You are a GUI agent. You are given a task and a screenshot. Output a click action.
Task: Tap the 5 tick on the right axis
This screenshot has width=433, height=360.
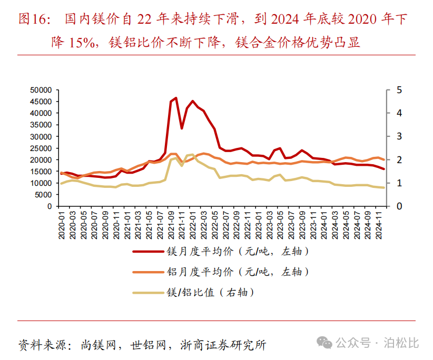coord(399,90)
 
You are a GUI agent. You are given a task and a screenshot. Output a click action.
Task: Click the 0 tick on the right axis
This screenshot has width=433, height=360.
coord(399,206)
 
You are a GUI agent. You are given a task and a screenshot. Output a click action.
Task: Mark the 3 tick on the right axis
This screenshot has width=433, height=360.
coord(399,136)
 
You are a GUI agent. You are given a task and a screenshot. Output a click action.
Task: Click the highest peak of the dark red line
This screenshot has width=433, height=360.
coord(176,98)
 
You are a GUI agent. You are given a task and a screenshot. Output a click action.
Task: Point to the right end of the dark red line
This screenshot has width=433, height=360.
coord(383,169)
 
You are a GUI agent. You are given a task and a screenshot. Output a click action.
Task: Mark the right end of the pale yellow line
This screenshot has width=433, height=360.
coord(383,188)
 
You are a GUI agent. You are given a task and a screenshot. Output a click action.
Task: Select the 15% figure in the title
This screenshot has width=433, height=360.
coord(79,42)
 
